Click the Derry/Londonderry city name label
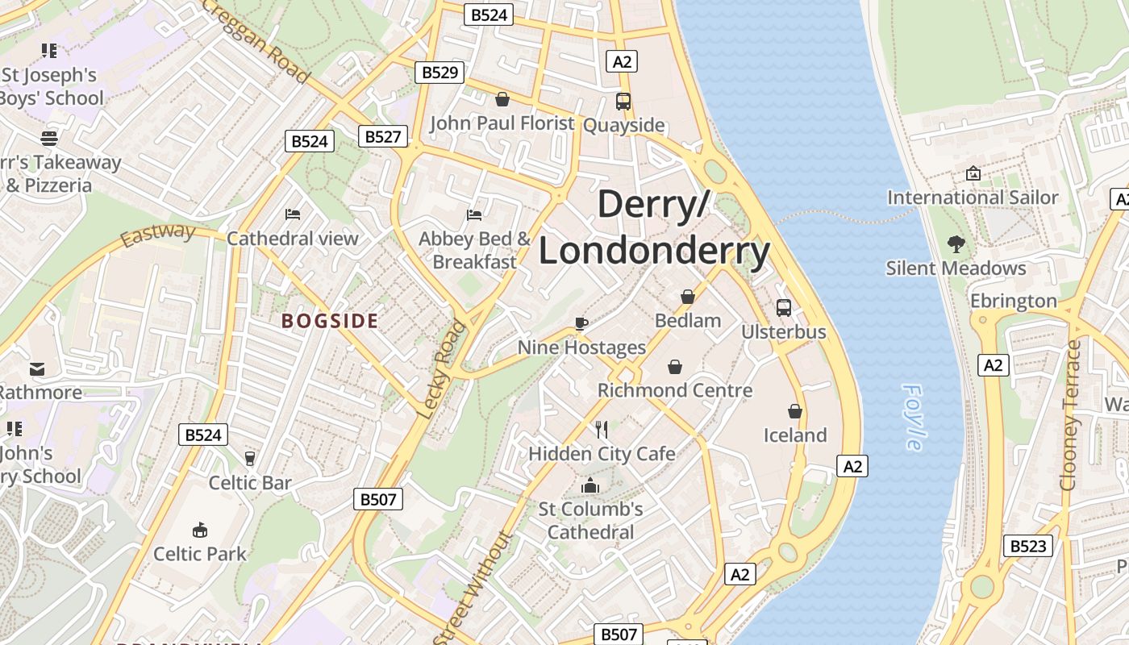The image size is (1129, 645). [654, 227]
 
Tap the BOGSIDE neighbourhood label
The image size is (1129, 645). [330, 321]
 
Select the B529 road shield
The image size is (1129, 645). [440, 73]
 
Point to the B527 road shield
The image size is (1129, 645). [382, 136]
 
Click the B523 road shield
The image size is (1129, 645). [1028, 546]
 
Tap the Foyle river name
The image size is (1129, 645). [914, 417]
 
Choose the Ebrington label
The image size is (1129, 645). [1013, 301]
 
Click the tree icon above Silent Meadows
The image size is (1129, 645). [956, 243]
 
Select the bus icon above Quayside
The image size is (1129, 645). [623, 102]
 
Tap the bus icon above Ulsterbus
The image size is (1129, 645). [783, 307]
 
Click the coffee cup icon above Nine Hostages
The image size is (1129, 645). [581, 323]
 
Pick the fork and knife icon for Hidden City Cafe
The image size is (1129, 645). [601, 429]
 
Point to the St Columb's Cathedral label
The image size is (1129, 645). [591, 520]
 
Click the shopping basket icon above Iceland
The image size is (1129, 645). [795, 411]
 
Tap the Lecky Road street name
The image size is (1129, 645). [442, 368]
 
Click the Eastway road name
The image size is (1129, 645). [158, 235]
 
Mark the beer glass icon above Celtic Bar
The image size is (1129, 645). [249, 458]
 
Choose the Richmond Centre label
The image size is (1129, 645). [674, 390]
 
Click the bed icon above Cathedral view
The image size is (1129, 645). [293, 214]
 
